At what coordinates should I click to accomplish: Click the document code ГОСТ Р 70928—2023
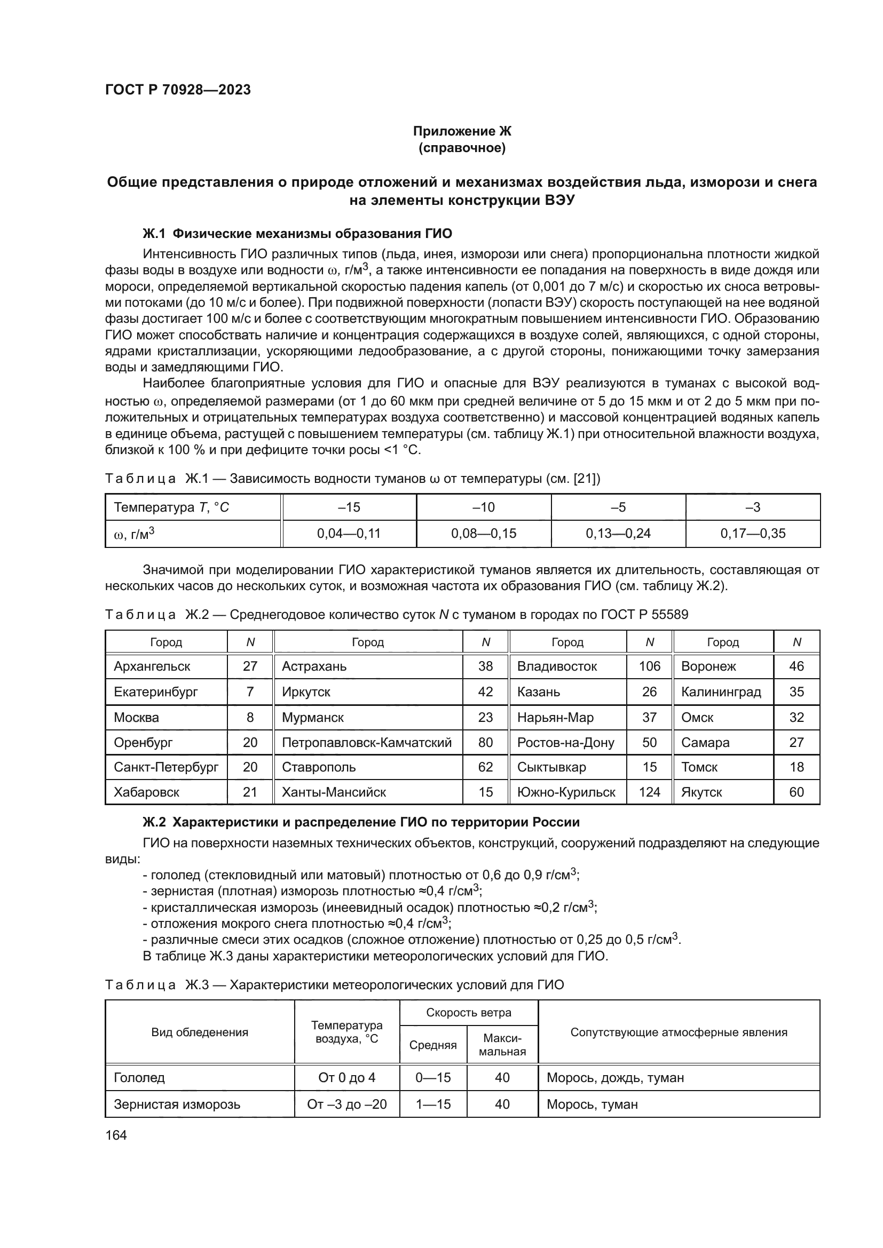click(178, 90)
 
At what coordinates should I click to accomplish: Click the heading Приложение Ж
click(462, 131)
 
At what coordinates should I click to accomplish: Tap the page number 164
click(116, 1135)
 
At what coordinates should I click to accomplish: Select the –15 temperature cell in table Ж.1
click(349, 507)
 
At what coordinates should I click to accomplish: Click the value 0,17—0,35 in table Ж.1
click(753, 533)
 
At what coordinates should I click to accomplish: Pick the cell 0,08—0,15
click(483, 533)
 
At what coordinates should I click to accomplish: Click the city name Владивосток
click(557, 666)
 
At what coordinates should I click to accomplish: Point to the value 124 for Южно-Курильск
click(649, 792)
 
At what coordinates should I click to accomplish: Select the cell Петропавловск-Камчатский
click(366, 743)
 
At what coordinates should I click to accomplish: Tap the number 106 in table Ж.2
click(649, 666)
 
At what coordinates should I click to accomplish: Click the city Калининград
click(720, 692)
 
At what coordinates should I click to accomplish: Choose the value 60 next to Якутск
click(796, 792)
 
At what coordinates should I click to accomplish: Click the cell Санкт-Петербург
click(166, 767)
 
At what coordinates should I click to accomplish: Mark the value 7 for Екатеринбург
click(249, 692)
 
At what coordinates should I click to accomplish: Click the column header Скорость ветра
click(468, 1013)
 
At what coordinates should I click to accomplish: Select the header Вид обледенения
click(200, 1032)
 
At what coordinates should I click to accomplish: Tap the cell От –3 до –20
click(346, 1104)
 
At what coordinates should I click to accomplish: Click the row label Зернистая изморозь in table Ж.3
click(177, 1104)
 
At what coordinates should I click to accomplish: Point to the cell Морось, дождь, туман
click(615, 1077)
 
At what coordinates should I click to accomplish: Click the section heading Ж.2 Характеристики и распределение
click(360, 822)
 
